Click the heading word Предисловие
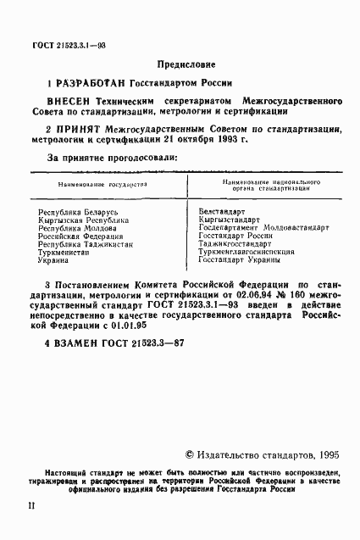(186, 64)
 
